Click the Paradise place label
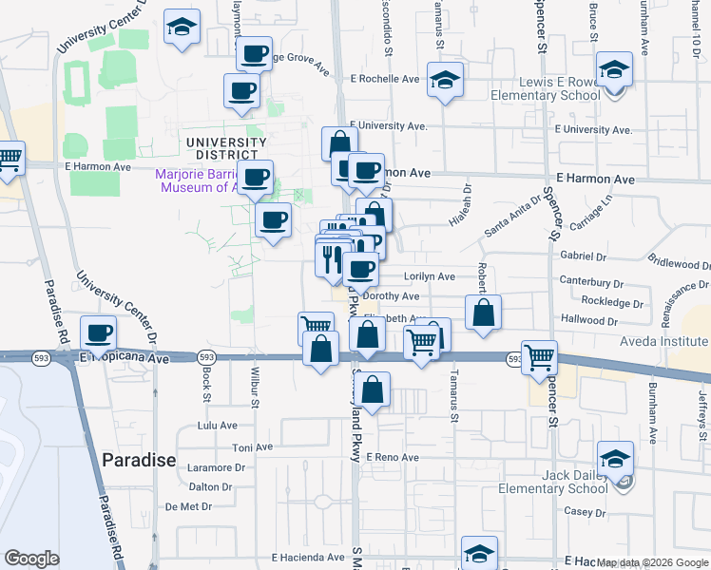[139, 460]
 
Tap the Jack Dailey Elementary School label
[552, 482]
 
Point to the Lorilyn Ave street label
[430, 276]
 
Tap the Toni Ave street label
[253, 447]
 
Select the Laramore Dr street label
[217, 467]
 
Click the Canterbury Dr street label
[591, 283]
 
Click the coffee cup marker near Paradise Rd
[99, 332]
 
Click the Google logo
[31, 559]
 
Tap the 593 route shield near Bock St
[206, 357]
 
